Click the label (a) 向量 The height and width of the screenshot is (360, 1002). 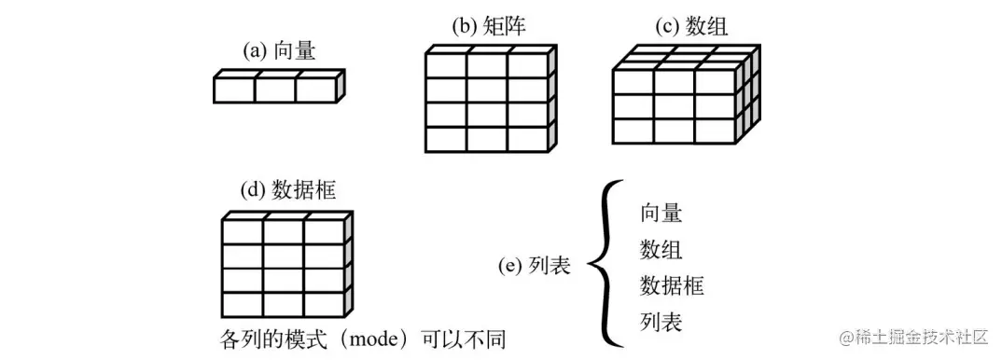(279, 52)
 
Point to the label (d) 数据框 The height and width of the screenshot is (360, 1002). (287, 190)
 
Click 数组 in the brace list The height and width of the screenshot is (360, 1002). (661, 250)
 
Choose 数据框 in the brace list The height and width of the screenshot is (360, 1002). (672, 286)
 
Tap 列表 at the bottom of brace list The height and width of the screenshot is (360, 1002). (661, 323)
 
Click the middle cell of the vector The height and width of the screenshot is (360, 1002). (275, 90)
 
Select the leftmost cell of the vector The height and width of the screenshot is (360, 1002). (234, 90)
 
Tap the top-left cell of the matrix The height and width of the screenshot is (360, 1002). (446, 67)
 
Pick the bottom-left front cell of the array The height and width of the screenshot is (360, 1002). (633, 130)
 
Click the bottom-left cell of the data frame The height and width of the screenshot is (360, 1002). (243, 304)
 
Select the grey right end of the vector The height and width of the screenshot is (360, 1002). (341, 87)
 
